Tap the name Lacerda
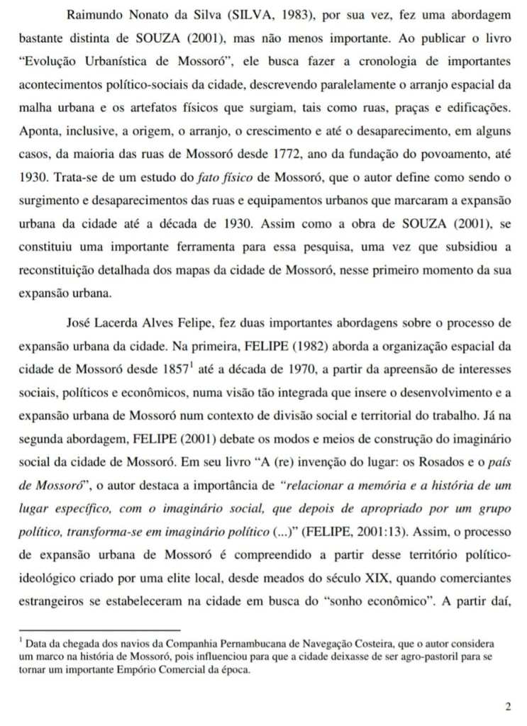121,323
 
